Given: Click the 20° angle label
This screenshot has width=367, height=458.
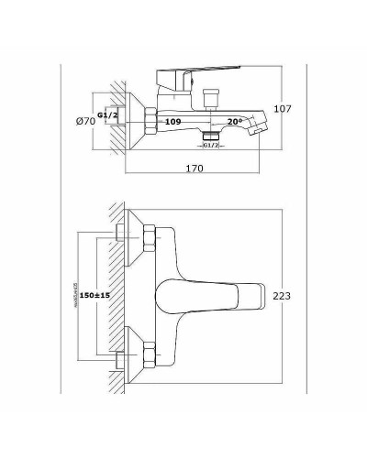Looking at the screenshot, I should [x=236, y=120].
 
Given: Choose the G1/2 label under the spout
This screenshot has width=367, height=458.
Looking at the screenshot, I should [x=210, y=145].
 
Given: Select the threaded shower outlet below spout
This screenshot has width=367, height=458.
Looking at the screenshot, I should [x=210, y=133].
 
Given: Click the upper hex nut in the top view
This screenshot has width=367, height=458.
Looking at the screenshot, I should [x=150, y=241].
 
